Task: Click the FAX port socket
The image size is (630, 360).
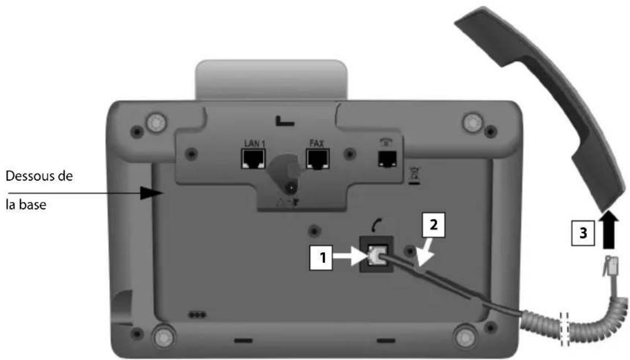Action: (317, 159)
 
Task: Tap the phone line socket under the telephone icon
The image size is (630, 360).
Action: (383, 159)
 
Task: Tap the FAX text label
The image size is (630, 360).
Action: (316, 143)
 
